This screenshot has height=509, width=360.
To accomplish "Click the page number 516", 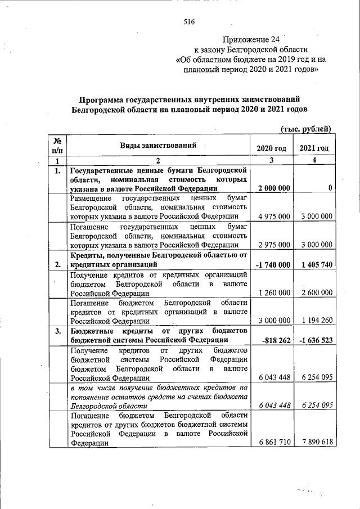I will tap(188, 22).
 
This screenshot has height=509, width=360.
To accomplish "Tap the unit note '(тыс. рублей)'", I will tap(307, 128).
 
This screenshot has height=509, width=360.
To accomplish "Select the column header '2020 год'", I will tap(271, 148).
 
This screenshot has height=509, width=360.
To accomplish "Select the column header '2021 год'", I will tap(314, 148).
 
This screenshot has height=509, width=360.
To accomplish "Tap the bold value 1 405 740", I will tap(314, 264).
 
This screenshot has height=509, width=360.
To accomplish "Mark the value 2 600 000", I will tap(314, 292).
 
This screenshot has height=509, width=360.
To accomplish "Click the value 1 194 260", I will tap(314, 320).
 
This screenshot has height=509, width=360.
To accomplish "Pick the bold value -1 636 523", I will tap(313, 339).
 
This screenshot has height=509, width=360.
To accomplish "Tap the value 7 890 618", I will tap(314, 443).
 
